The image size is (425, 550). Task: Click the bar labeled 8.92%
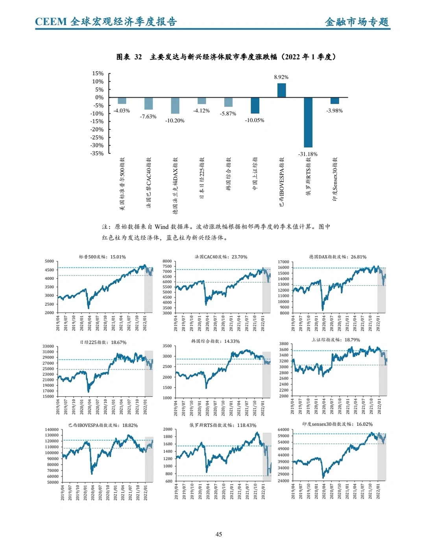point(281,90)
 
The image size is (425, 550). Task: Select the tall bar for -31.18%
point(308,122)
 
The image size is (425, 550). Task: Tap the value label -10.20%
point(175,121)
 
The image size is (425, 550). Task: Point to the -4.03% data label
point(122,111)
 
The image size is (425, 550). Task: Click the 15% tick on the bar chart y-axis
point(98,74)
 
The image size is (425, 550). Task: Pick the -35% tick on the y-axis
point(97,153)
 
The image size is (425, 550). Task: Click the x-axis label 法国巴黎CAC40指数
point(149,182)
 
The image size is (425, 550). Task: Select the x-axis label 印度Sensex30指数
point(335,179)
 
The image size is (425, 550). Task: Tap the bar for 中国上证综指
point(255,105)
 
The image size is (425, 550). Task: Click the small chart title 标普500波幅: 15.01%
point(102,257)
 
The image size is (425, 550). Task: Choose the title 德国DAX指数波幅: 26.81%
point(338,257)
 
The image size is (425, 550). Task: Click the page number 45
point(219,534)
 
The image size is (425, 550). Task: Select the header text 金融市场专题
point(357,22)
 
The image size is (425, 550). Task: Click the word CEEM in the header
point(51,22)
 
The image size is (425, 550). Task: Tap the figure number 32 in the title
point(138,57)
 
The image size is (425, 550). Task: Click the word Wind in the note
point(161,227)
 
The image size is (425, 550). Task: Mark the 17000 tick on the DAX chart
point(283,262)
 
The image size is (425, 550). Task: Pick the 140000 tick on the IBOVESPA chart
point(52,430)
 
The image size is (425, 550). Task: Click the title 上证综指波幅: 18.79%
point(336,340)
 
